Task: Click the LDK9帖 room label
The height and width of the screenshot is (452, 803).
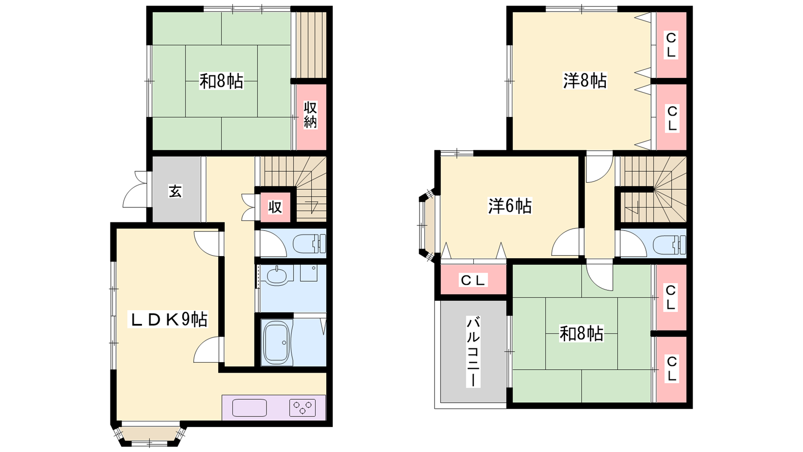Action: coord(168,319)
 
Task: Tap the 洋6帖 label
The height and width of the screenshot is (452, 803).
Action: coord(510,206)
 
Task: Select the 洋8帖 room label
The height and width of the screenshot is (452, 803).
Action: coord(585,81)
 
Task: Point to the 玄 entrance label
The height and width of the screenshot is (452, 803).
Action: coord(175,191)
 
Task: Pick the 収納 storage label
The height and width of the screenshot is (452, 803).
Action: coord(311,115)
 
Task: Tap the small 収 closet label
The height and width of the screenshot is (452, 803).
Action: coord(275,207)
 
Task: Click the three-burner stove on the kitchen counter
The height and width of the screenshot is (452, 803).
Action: coord(302,407)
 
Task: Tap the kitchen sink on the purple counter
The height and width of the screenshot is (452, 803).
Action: coord(249,407)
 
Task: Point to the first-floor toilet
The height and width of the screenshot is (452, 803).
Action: coord(309,244)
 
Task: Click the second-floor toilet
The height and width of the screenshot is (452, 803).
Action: coord(670,245)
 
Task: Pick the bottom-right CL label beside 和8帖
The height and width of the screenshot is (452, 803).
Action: coord(672,369)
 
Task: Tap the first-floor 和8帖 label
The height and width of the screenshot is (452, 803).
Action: coord(221,81)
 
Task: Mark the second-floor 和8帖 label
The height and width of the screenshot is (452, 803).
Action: coord(582,333)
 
